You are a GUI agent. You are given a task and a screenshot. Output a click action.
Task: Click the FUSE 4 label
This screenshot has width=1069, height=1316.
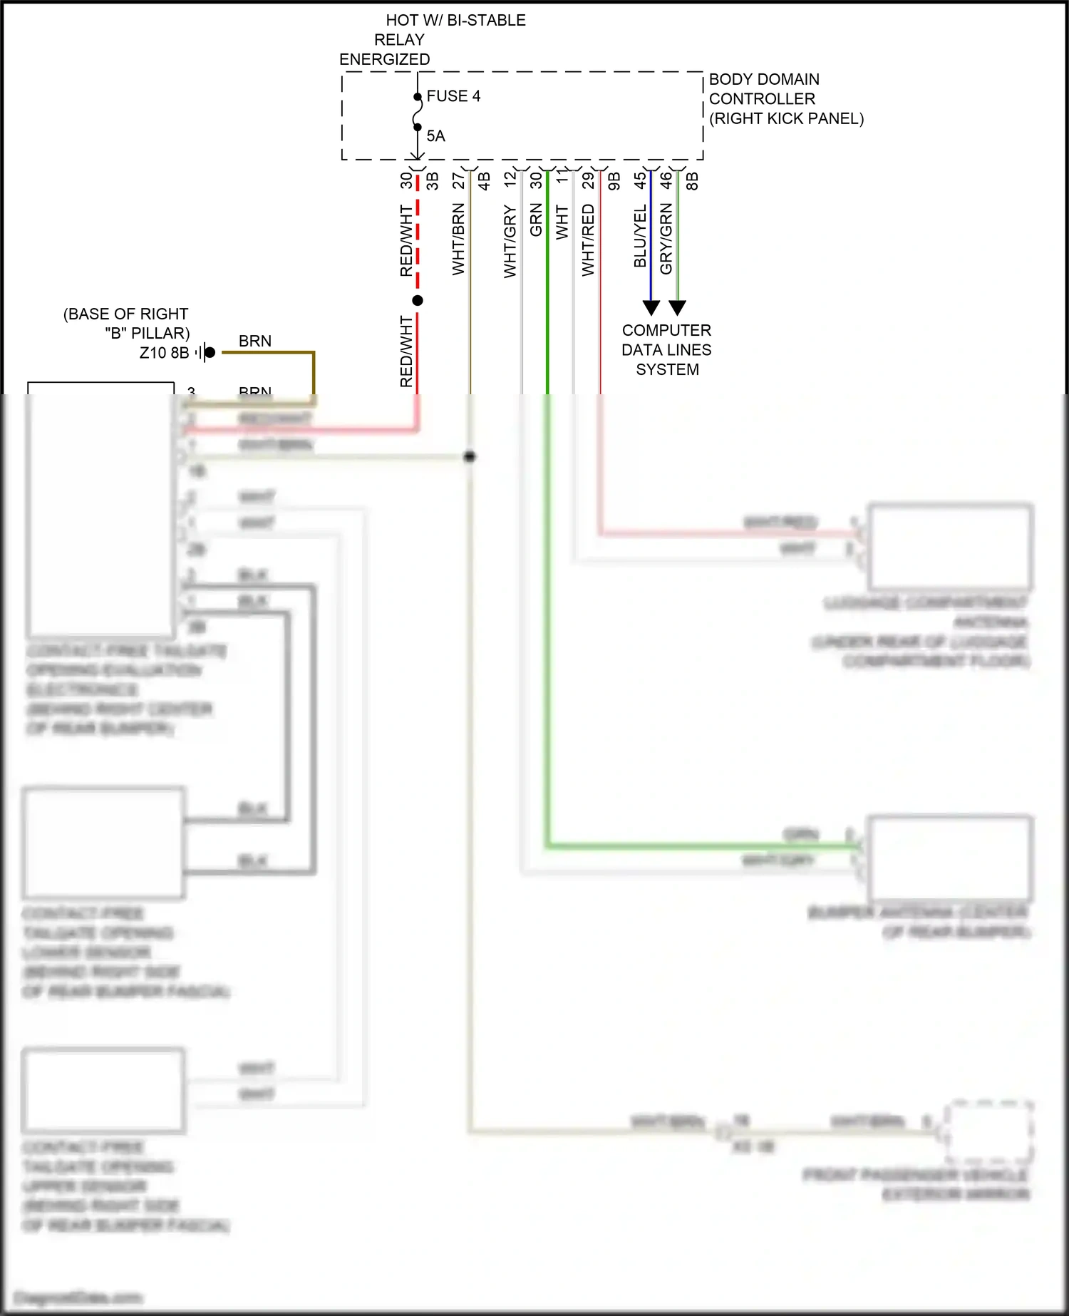pos(453,96)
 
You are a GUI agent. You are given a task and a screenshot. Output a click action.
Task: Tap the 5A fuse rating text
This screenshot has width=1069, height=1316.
pos(435,136)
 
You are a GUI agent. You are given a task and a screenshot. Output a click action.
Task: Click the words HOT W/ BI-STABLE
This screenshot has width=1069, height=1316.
pos(455,20)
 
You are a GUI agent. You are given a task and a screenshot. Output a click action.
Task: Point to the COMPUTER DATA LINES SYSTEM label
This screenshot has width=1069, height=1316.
pos(666,350)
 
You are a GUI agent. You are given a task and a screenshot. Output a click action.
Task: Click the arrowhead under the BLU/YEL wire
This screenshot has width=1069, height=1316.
pos(651,308)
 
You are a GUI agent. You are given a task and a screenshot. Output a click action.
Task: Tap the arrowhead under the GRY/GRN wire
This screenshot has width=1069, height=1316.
pos(677,308)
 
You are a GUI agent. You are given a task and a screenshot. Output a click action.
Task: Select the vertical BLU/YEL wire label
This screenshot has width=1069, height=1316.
pos(640,236)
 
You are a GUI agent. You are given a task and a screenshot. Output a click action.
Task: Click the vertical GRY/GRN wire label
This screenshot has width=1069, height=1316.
pos(666,238)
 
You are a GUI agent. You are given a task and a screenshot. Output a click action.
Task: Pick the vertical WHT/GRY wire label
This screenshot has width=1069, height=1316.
pos(510,241)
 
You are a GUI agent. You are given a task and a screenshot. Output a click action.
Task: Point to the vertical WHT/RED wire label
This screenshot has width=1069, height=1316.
pos(588,240)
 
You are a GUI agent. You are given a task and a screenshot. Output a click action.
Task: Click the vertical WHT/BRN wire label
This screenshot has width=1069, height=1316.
pos(458,239)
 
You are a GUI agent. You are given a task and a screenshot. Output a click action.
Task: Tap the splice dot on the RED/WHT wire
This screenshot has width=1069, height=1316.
pos(418,301)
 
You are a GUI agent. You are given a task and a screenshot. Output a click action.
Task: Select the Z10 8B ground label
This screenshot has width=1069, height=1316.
pos(164,353)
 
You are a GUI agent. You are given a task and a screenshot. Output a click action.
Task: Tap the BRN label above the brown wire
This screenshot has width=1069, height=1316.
pos(255,341)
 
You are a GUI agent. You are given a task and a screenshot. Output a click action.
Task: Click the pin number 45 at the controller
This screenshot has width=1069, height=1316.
pos(640,180)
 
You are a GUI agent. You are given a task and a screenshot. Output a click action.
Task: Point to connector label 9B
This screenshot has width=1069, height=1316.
pos(614,181)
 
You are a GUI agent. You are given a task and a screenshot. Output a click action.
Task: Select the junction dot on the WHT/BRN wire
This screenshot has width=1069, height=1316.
pos(470,456)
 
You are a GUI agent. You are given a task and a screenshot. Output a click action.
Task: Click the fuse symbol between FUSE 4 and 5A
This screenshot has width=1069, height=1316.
pos(418,113)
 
